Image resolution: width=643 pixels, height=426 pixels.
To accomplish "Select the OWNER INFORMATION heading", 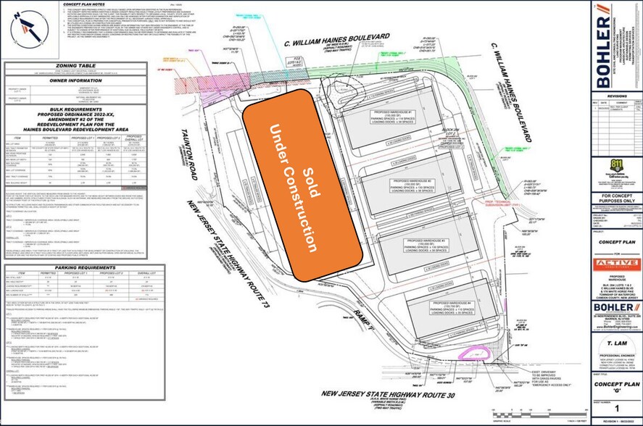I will point(75,82).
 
